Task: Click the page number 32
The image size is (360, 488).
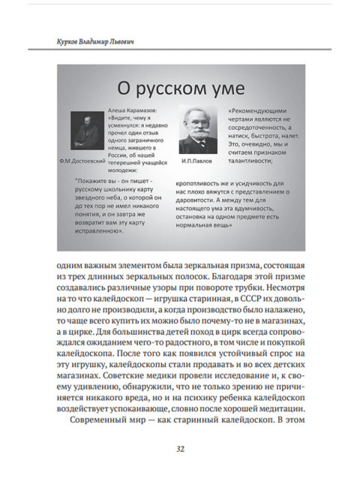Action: click(180, 449)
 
